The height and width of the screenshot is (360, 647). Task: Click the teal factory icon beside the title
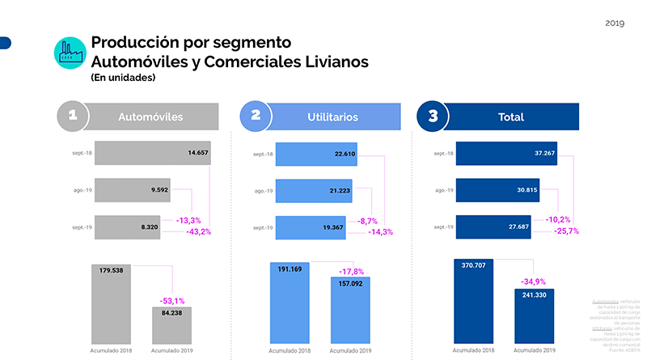[70, 52]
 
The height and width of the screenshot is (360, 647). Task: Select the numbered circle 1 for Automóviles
[73, 116]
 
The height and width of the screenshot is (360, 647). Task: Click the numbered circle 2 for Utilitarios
[256, 116]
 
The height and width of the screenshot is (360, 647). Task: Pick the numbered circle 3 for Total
[433, 116]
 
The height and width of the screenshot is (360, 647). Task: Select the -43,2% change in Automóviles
[199, 232]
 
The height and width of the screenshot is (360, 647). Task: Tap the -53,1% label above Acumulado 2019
[173, 300]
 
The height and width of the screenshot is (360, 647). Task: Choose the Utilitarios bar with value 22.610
[317, 153]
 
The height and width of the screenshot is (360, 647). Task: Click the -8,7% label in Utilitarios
[368, 221]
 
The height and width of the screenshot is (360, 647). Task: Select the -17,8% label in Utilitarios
[350, 271]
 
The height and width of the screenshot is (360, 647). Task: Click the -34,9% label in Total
[533, 282]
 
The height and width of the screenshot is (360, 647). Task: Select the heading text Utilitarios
[332, 117]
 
